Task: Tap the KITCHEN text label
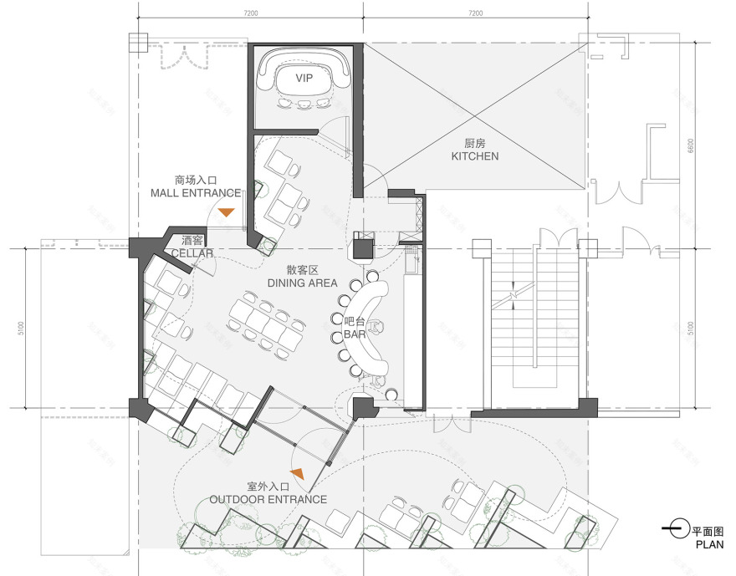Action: click(474, 156)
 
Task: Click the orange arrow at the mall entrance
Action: click(227, 212)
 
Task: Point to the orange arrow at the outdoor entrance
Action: click(296, 474)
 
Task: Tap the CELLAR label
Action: click(192, 252)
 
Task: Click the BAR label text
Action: click(355, 334)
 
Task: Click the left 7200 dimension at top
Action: click(250, 13)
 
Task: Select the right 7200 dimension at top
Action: click(475, 13)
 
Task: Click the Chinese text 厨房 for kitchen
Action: click(474, 143)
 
